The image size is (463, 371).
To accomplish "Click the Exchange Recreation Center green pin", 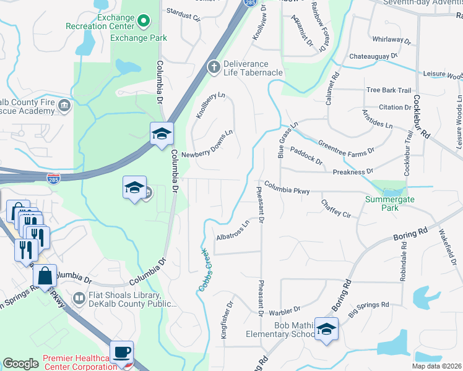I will [144, 22].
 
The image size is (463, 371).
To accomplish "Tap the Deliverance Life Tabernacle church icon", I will [214, 67].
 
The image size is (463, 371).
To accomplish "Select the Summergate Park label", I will [390, 204].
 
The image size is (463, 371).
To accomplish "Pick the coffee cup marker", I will [121, 352].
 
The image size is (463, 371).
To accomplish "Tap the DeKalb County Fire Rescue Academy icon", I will [63, 106].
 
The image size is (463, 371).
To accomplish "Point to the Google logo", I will [20, 364].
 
